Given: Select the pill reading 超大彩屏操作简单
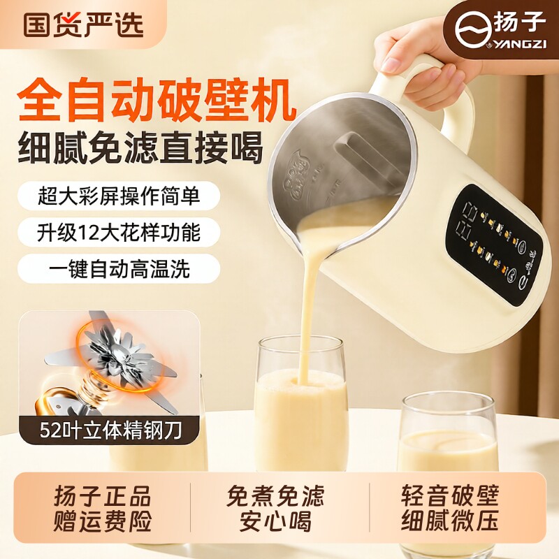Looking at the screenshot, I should tap(119, 197).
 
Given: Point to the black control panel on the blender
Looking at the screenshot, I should tap(493, 245).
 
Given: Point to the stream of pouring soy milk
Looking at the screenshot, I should tap(307, 307).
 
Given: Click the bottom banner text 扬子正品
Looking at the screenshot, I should tap(103, 497).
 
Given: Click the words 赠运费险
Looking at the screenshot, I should tap(103, 522).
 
